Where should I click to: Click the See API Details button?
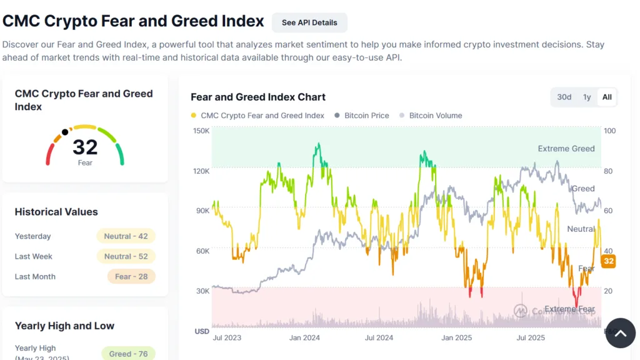coord(309,22)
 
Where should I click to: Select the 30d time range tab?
coord(564,97)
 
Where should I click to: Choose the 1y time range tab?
coord(587,97)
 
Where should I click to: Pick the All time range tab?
coord(607,97)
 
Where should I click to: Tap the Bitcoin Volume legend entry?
coord(436,116)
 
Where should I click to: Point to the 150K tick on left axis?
coord(201,131)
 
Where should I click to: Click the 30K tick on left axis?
coord(201,291)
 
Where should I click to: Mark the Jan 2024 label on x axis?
coord(304,337)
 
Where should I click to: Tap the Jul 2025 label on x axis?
coord(531,337)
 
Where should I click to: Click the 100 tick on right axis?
coord(609,131)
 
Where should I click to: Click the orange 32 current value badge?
coord(608,261)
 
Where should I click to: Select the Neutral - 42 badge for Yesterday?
coord(126,236)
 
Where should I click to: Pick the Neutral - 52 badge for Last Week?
coord(126,256)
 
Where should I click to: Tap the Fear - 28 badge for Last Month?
coord(126,276)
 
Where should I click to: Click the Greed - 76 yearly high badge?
coord(128,354)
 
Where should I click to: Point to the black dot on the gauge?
coord(65,132)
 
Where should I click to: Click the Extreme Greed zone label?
coord(566,149)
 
